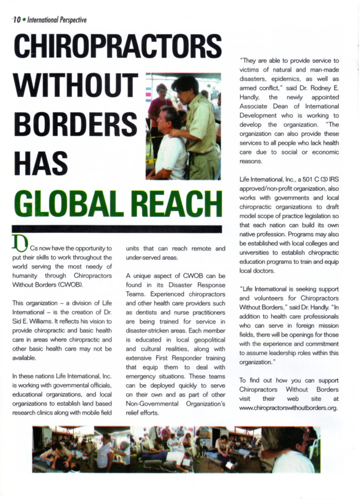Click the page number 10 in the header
pos(17,20)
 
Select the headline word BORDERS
pos(74,124)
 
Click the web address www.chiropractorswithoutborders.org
pos(289,408)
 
